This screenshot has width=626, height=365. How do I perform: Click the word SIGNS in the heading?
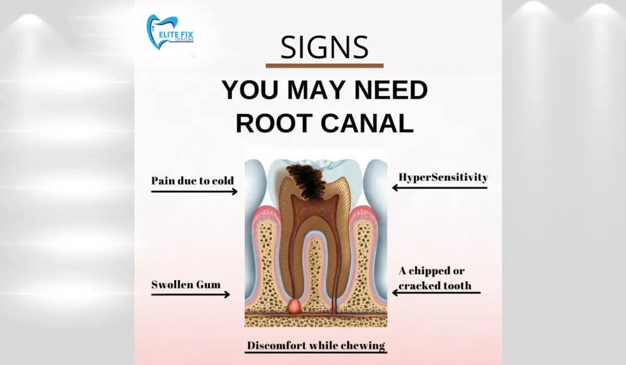tap(324, 47)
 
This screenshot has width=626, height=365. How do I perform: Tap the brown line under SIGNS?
tap(324, 66)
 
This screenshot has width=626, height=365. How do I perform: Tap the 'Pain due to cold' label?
tap(192, 181)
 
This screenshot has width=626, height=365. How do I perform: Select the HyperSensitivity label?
tap(443, 177)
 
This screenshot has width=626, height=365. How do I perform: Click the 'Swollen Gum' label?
tap(186, 285)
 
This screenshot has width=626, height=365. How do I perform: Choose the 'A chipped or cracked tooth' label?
tap(435, 278)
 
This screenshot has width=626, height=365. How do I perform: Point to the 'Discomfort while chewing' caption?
tap(316, 346)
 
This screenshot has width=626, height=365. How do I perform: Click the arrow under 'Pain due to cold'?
tap(194, 191)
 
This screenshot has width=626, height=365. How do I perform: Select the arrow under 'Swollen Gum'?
tap(190, 295)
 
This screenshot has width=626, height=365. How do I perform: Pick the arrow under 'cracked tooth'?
tap(436, 293)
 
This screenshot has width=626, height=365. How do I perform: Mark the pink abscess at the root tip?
tap(295, 306)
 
